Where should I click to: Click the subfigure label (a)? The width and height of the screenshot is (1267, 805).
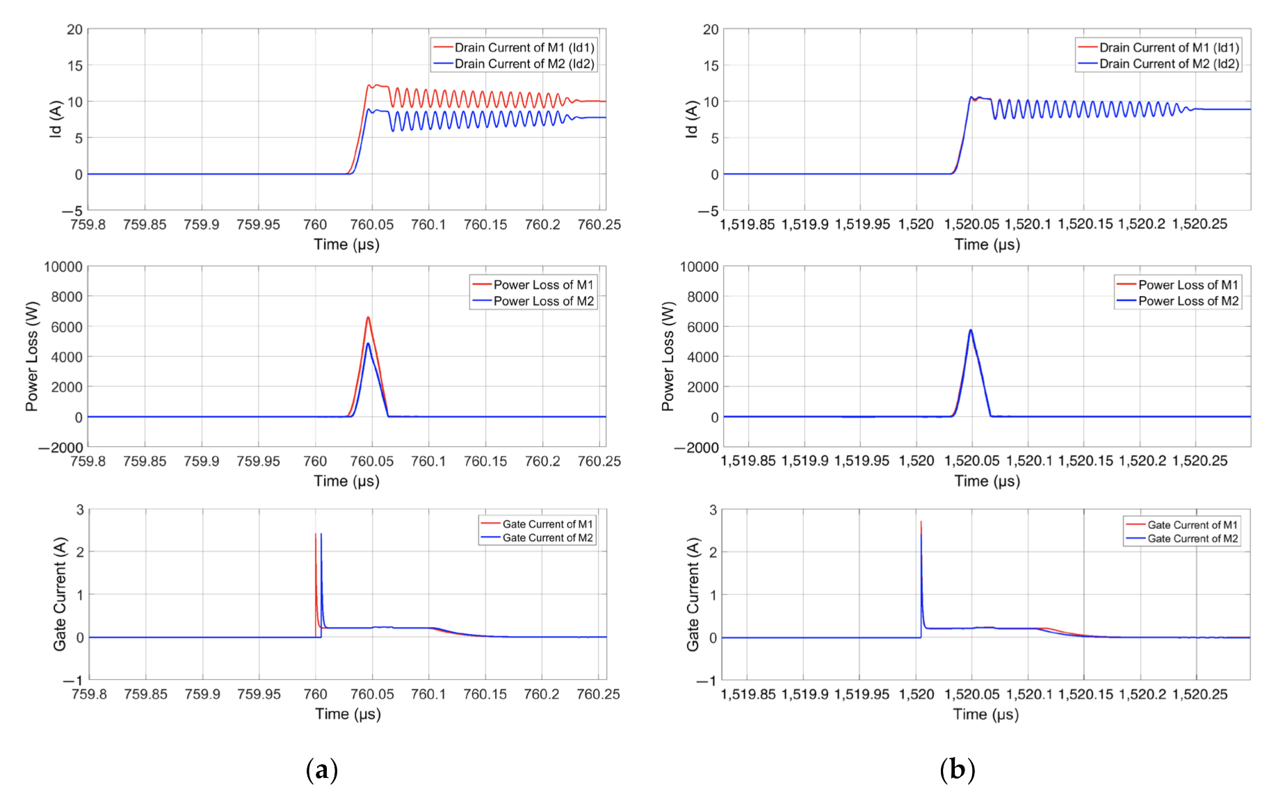click(x=321, y=770)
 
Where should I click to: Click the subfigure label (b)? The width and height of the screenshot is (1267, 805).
click(x=957, y=770)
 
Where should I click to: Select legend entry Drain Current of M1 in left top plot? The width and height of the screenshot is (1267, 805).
click(x=524, y=47)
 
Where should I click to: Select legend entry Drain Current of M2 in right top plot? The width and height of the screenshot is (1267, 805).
click(x=1168, y=64)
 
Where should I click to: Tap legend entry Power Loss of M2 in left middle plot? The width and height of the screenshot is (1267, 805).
click(x=543, y=301)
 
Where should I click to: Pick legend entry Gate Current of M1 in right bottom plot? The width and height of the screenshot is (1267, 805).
click(x=1192, y=525)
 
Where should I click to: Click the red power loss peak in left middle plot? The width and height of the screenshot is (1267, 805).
click(x=368, y=318)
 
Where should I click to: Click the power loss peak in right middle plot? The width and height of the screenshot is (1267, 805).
click(x=970, y=331)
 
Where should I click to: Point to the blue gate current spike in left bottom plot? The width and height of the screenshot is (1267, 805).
click(x=321, y=535)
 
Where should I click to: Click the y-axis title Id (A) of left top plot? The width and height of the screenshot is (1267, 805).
click(x=56, y=119)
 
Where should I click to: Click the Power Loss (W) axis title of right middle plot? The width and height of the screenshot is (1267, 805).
click(x=668, y=356)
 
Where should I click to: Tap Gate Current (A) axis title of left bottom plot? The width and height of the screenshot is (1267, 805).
click(x=60, y=594)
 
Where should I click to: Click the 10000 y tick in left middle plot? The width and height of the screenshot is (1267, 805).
click(x=63, y=267)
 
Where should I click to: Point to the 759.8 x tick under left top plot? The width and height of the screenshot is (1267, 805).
click(x=88, y=225)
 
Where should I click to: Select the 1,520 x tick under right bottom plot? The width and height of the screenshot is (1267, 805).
click(x=917, y=694)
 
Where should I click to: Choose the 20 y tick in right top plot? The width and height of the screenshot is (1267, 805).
click(x=711, y=30)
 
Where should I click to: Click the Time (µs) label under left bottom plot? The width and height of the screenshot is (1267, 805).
click(x=348, y=714)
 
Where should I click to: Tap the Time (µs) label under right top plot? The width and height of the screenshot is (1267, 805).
click(x=987, y=245)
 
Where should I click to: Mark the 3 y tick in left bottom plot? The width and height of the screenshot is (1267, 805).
click(x=80, y=510)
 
